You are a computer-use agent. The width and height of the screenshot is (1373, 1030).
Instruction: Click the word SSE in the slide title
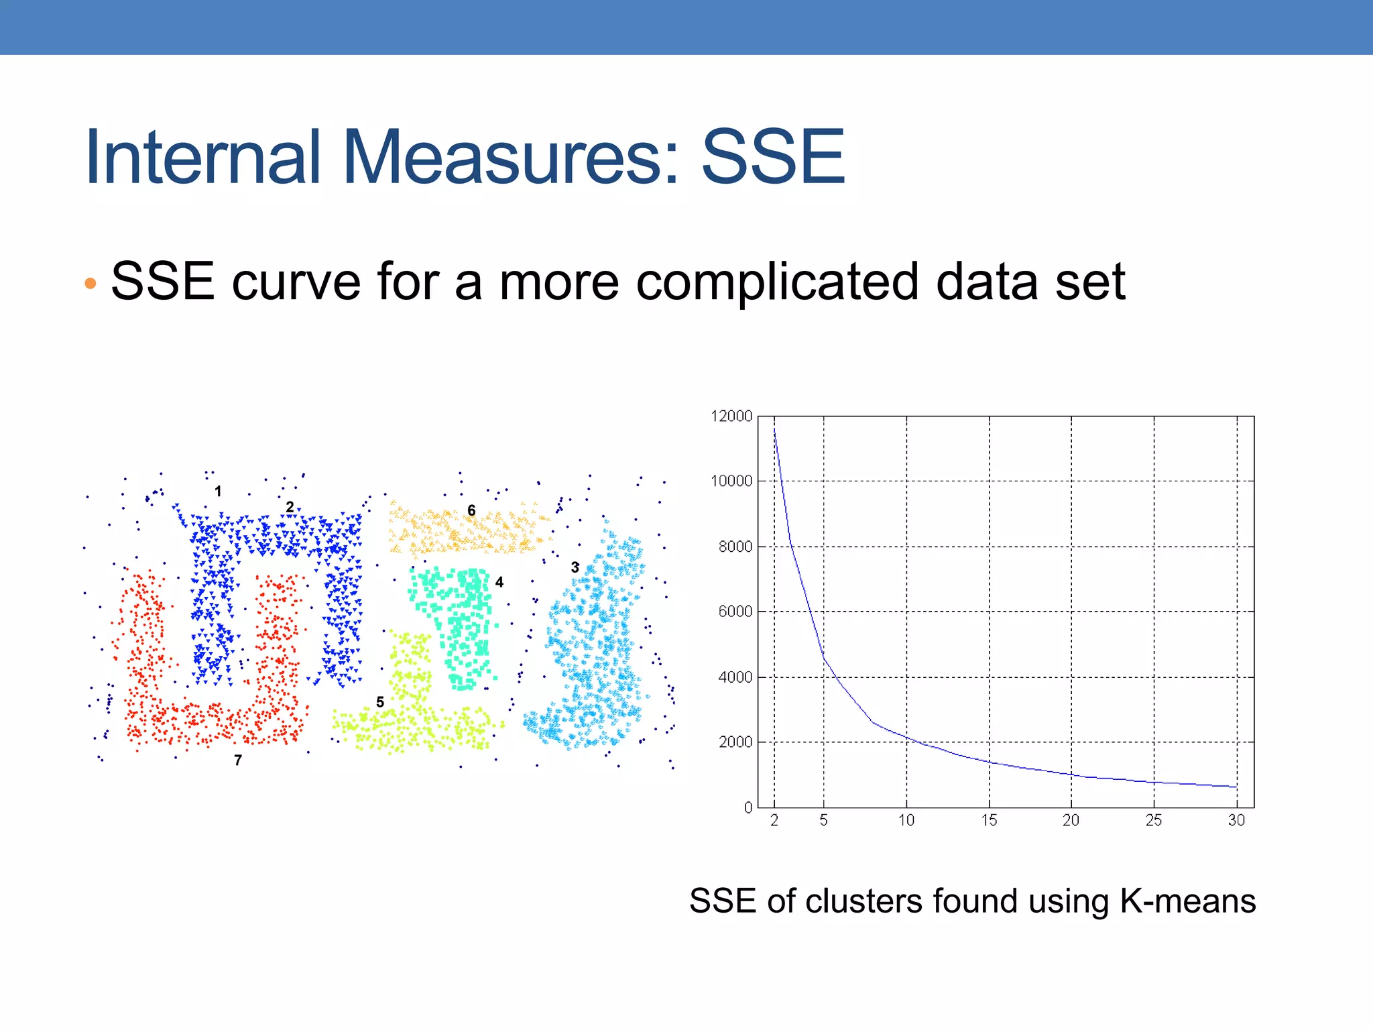click(x=772, y=158)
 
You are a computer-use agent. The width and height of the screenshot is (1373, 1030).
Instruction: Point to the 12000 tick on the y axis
click(x=731, y=416)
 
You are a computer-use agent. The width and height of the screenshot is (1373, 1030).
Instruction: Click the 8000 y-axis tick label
click(x=735, y=547)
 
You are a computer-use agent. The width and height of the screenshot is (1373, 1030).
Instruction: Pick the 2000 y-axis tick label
click(x=735, y=742)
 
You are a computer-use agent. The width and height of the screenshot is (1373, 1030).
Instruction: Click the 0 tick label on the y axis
click(x=748, y=808)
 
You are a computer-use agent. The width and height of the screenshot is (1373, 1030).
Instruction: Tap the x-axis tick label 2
click(x=774, y=820)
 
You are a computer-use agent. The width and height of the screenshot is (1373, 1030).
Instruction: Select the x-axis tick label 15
click(x=989, y=820)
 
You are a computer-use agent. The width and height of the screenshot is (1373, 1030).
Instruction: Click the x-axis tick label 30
click(x=1236, y=820)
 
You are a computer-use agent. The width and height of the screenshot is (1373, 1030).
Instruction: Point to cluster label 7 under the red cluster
click(x=238, y=760)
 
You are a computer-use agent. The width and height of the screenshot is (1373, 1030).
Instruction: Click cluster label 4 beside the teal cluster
click(x=499, y=582)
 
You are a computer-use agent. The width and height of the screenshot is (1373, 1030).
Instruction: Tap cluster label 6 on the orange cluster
click(x=471, y=511)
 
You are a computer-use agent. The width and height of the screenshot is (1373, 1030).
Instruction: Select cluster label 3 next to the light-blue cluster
click(x=575, y=567)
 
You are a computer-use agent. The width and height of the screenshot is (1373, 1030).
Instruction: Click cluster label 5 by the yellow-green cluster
click(x=380, y=702)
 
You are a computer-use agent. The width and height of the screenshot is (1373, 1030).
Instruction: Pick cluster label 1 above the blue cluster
click(x=218, y=492)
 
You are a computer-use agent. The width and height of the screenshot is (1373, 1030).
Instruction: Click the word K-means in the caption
click(x=1187, y=901)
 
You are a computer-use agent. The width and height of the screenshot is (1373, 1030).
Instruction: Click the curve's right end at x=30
click(x=1236, y=787)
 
